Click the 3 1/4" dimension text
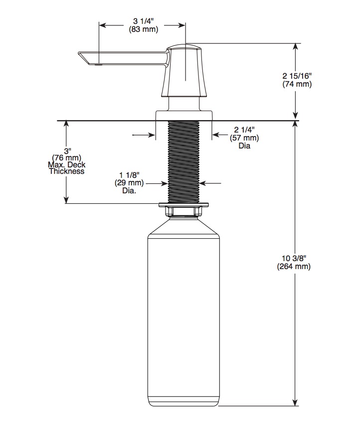[x=144, y=21]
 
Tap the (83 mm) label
[x=144, y=29]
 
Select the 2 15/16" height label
[x=297, y=76]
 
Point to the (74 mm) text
[x=297, y=84]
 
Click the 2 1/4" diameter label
[x=244, y=130]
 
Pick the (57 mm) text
[x=244, y=138]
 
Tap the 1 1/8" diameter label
[x=129, y=175]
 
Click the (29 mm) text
[x=129, y=183]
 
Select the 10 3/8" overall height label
[x=294, y=258]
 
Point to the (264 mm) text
[x=294, y=266]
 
